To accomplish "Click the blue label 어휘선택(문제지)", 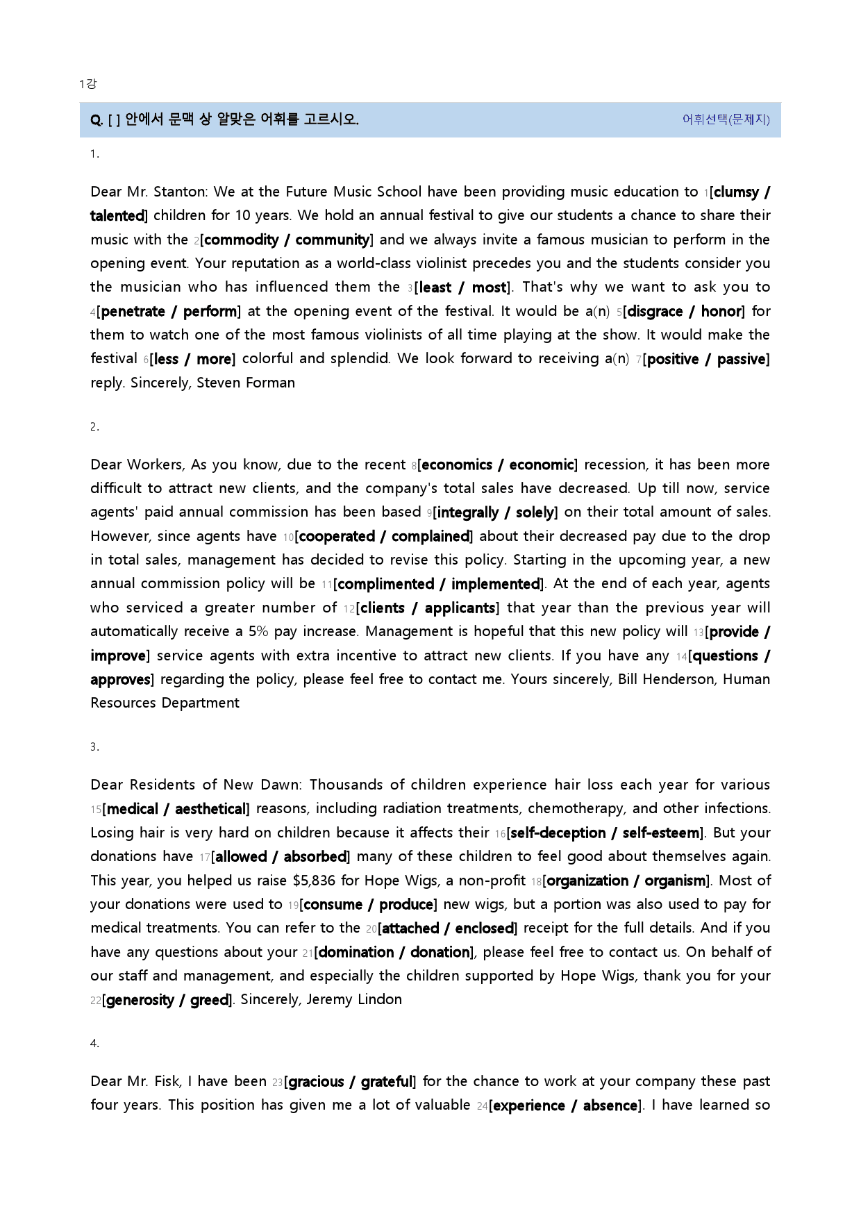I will click(x=726, y=119).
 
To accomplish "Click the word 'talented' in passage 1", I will click(x=117, y=216).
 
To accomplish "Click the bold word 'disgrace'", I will click(x=655, y=312).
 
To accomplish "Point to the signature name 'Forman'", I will click(x=270, y=383).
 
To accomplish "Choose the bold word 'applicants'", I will click(x=460, y=608).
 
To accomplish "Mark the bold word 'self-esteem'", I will click(x=661, y=833).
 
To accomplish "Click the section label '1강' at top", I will click(x=87, y=84).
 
